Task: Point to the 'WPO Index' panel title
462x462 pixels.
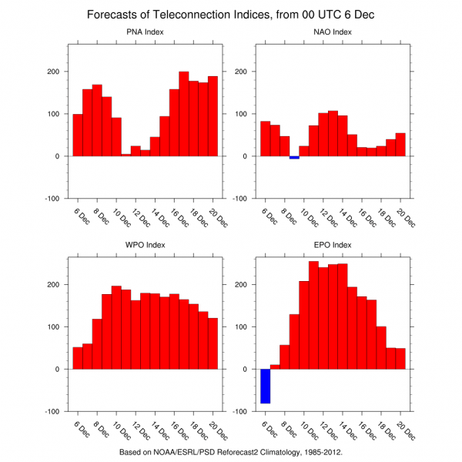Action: [146, 246]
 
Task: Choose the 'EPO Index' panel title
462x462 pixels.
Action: [333, 246]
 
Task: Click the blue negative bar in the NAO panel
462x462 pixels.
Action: [294, 158]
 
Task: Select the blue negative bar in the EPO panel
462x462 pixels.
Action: [265, 386]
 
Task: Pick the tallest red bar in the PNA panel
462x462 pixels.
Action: [184, 114]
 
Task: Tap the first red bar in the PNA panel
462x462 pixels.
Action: [78, 135]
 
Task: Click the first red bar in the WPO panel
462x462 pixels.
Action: [78, 358]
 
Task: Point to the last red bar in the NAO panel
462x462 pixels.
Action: [400, 145]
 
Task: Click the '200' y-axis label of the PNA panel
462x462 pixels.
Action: [52, 72]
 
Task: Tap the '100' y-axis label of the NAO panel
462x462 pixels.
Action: [239, 114]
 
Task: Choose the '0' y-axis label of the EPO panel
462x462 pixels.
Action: [245, 369]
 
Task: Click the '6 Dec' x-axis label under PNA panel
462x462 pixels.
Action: [80, 218]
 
